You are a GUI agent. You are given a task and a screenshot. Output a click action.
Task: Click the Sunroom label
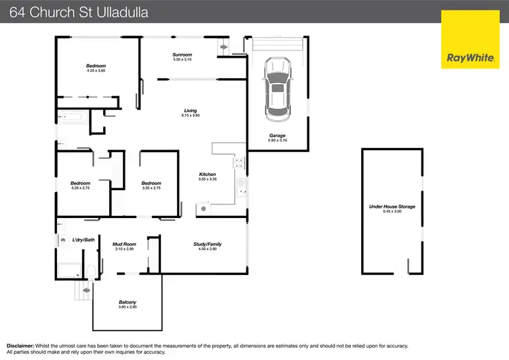point(182,55)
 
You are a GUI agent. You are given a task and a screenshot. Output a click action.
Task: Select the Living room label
point(190,111)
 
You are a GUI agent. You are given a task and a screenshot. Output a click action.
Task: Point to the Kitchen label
point(207,175)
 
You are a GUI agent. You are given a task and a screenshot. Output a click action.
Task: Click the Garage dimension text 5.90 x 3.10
point(277,141)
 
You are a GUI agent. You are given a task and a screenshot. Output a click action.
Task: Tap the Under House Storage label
point(392,206)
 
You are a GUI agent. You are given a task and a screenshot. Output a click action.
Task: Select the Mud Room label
point(125,245)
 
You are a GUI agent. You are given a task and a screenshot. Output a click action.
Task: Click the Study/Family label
point(209,245)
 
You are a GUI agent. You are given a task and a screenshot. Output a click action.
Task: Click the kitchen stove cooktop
point(239,162)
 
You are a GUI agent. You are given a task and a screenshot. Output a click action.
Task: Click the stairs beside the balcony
point(83,291)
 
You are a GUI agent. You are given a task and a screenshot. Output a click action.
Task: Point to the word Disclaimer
point(20,346)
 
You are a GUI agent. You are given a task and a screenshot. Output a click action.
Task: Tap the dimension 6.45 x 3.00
point(392,212)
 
